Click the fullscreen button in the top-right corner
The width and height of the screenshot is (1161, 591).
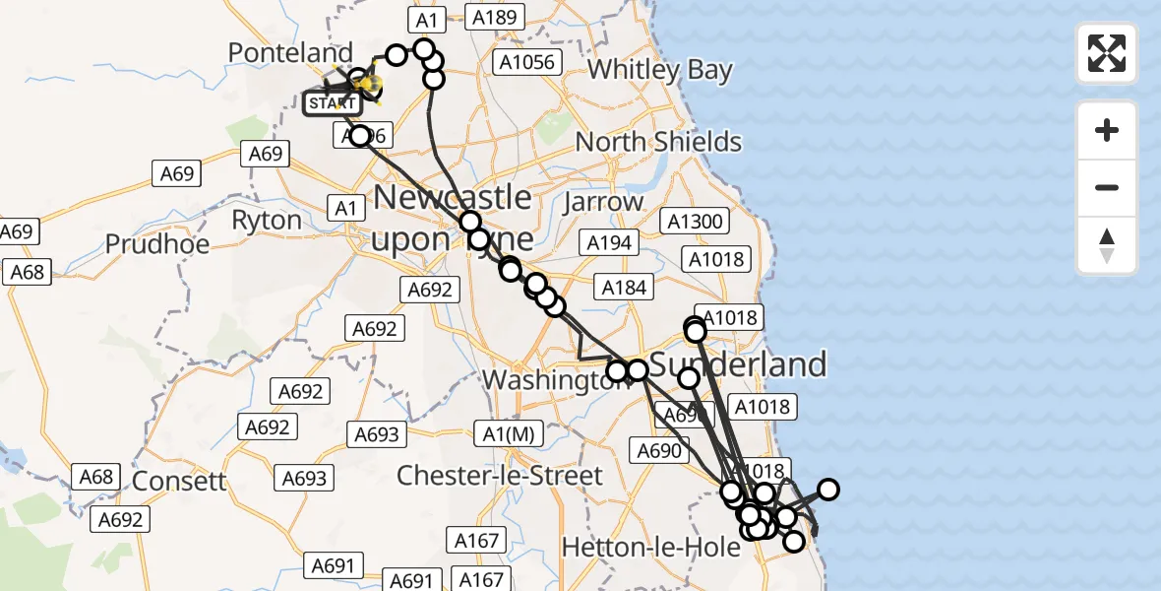(x=1107, y=53)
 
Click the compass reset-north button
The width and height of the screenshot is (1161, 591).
(x=1107, y=245)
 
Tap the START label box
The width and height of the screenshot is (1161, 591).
(x=332, y=102)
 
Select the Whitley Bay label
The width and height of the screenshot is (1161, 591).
(x=660, y=70)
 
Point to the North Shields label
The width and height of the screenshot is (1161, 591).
(x=658, y=142)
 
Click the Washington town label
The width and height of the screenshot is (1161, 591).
(x=543, y=380)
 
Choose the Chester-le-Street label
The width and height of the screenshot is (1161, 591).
(x=499, y=476)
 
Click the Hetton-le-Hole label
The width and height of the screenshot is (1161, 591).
(x=664, y=547)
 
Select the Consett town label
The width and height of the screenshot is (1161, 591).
(x=179, y=482)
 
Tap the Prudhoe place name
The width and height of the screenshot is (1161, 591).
(x=157, y=243)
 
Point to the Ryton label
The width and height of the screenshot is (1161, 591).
(x=267, y=220)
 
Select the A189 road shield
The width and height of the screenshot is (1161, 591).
(x=496, y=17)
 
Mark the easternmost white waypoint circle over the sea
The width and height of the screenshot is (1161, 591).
(x=828, y=490)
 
